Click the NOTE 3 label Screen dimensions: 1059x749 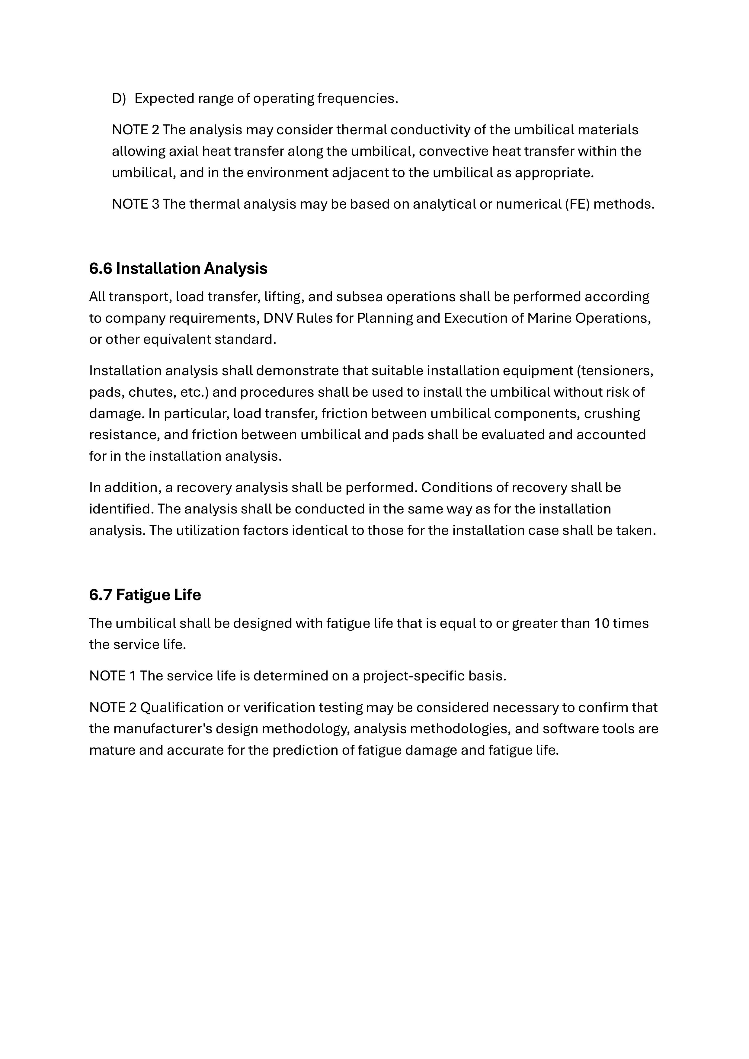[135, 204]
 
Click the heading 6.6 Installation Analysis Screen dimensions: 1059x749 [178, 268]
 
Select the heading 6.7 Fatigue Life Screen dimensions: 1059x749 [145, 595]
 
